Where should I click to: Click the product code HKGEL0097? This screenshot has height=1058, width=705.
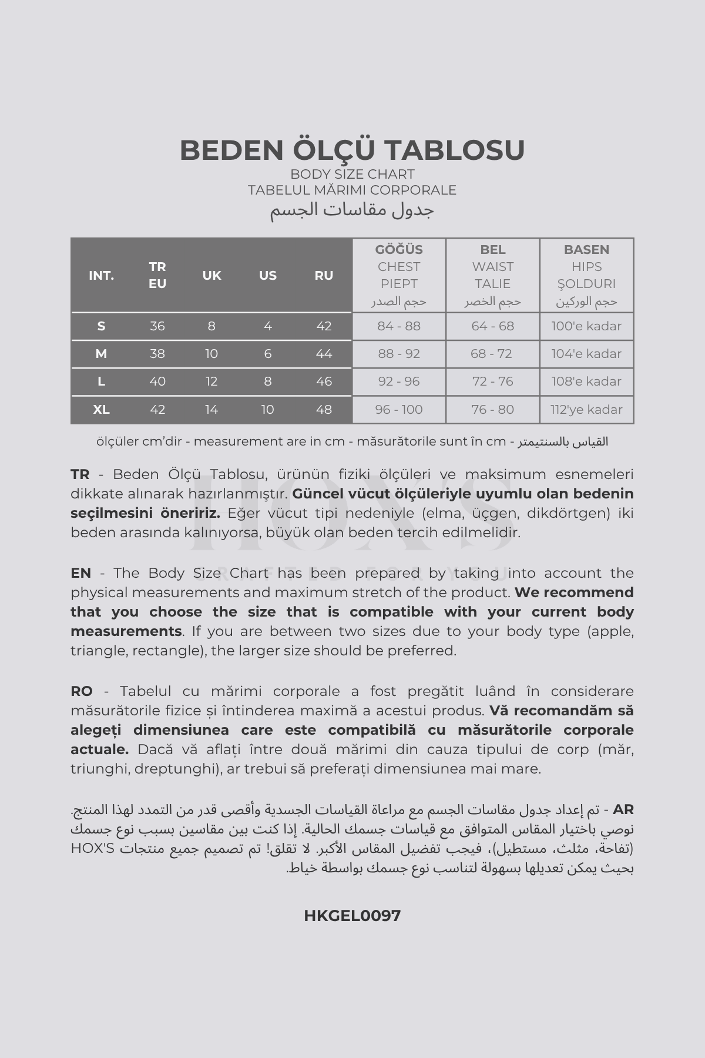[x=352, y=915]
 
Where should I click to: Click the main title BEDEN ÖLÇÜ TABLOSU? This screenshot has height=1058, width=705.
[x=352, y=150]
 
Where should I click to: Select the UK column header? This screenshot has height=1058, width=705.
[x=211, y=275]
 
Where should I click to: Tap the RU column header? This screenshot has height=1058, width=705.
[x=324, y=275]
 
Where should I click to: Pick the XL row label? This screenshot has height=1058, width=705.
[x=101, y=410]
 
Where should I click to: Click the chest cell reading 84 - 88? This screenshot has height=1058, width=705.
[x=399, y=326]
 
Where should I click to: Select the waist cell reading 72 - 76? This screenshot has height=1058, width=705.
[x=492, y=381]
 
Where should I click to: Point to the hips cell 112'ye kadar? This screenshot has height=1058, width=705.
[x=586, y=410]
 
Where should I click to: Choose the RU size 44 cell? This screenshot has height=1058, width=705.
[x=324, y=354]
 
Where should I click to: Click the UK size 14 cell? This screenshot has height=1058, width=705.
[x=211, y=410]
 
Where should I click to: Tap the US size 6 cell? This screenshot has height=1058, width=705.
[x=268, y=354]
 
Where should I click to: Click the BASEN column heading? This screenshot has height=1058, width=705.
[x=586, y=249]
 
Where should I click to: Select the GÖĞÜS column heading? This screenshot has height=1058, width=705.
[x=399, y=249]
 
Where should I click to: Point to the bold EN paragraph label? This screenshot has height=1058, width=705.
[x=80, y=573]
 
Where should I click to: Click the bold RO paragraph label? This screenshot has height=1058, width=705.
[x=82, y=691]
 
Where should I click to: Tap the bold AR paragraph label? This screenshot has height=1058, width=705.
[x=623, y=809]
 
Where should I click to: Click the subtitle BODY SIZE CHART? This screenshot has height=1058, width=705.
[x=352, y=174]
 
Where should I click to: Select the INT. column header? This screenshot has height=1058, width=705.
[x=101, y=275]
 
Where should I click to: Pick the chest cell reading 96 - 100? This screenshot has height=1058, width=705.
[x=399, y=410]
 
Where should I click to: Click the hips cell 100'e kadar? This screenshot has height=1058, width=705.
[x=586, y=326]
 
